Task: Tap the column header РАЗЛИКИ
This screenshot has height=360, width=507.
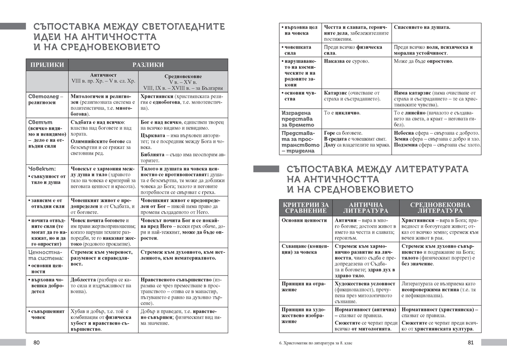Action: [148, 65]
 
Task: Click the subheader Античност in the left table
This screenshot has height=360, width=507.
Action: [103, 75]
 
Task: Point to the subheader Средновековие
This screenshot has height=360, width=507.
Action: [183, 76]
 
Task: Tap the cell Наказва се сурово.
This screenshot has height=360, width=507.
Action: [346, 61]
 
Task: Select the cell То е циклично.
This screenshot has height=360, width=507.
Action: [342, 113]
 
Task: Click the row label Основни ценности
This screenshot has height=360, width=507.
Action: [304, 220]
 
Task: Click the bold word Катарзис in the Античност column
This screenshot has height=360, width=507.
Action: [336, 93]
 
